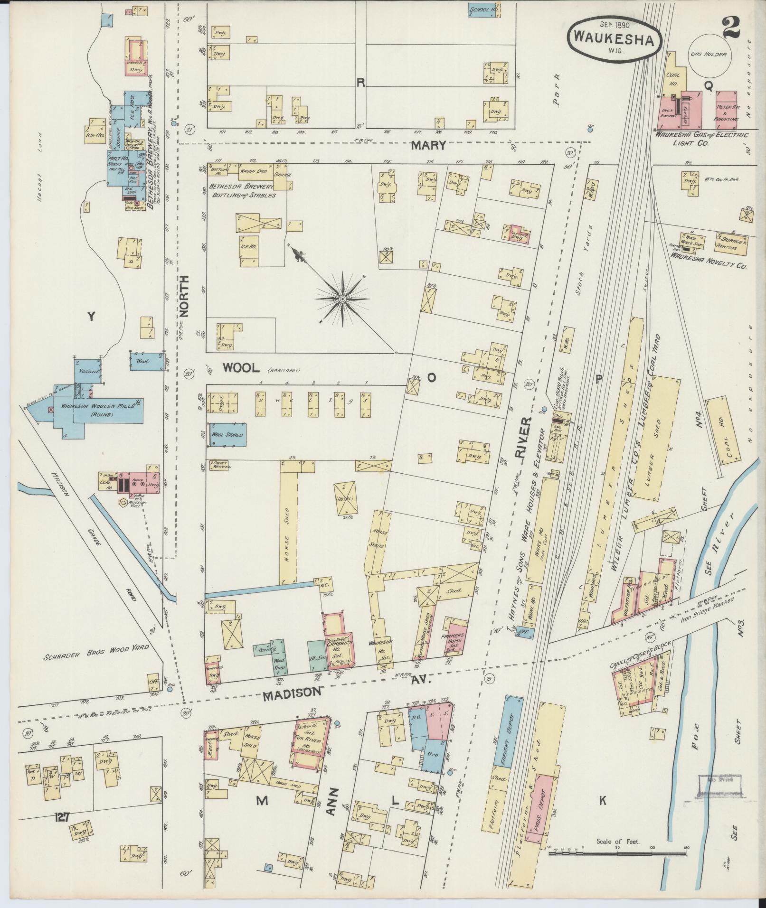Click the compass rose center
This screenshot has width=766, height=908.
[x=342, y=299]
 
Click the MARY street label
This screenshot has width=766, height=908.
[x=428, y=145]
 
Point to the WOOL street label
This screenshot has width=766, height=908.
[x=241, y=367]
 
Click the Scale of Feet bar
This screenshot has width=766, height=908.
[x=617, y=854]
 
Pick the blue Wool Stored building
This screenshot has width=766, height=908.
[x=228, y=435]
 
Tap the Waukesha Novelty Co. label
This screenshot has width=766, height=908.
[x=708, y=261]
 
